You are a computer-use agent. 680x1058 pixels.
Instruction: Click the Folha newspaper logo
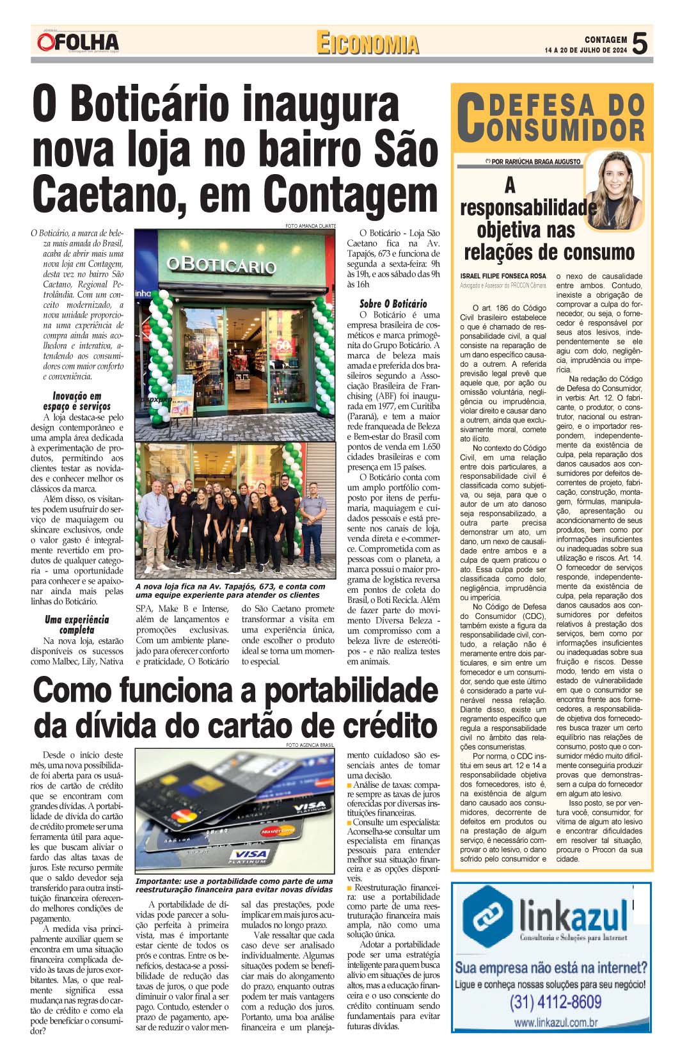78,42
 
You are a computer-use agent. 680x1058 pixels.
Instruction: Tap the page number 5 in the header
640,44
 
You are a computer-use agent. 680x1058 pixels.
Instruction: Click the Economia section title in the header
367,44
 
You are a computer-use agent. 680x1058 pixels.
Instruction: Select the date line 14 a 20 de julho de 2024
586,50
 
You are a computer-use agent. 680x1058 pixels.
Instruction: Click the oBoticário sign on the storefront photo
221,264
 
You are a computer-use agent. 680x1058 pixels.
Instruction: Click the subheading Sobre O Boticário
393,304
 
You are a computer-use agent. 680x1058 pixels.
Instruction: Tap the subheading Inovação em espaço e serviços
77,401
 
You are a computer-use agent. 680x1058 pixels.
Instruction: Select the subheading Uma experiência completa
77,625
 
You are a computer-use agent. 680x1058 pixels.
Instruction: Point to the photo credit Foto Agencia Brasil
310,745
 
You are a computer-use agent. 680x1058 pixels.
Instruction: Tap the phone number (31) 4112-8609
555,1002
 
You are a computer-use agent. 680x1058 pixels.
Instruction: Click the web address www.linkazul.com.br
555,1022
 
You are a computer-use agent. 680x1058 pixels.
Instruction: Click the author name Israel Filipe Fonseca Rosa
503,276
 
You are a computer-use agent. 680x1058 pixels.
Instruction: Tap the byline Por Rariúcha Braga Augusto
532,162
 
